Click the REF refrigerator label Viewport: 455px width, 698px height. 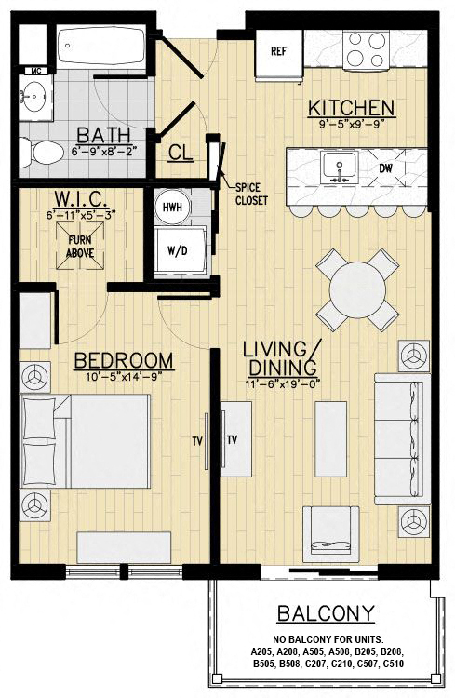(x=277, y=51)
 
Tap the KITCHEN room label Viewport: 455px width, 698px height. (x=352, y=107)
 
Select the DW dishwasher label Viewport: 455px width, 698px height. (x=385, y=168)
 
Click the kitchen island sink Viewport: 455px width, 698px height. (x=337, y=168)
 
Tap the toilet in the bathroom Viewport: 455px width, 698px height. (x=33, y=149)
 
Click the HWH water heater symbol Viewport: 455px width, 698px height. (x=171, y=208)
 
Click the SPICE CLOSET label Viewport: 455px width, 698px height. (x=251, y=193)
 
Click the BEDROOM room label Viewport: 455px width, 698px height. (x=124, y=360)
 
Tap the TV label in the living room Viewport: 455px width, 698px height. (x=233, y=440)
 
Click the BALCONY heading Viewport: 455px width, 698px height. (x=325, y=613)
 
